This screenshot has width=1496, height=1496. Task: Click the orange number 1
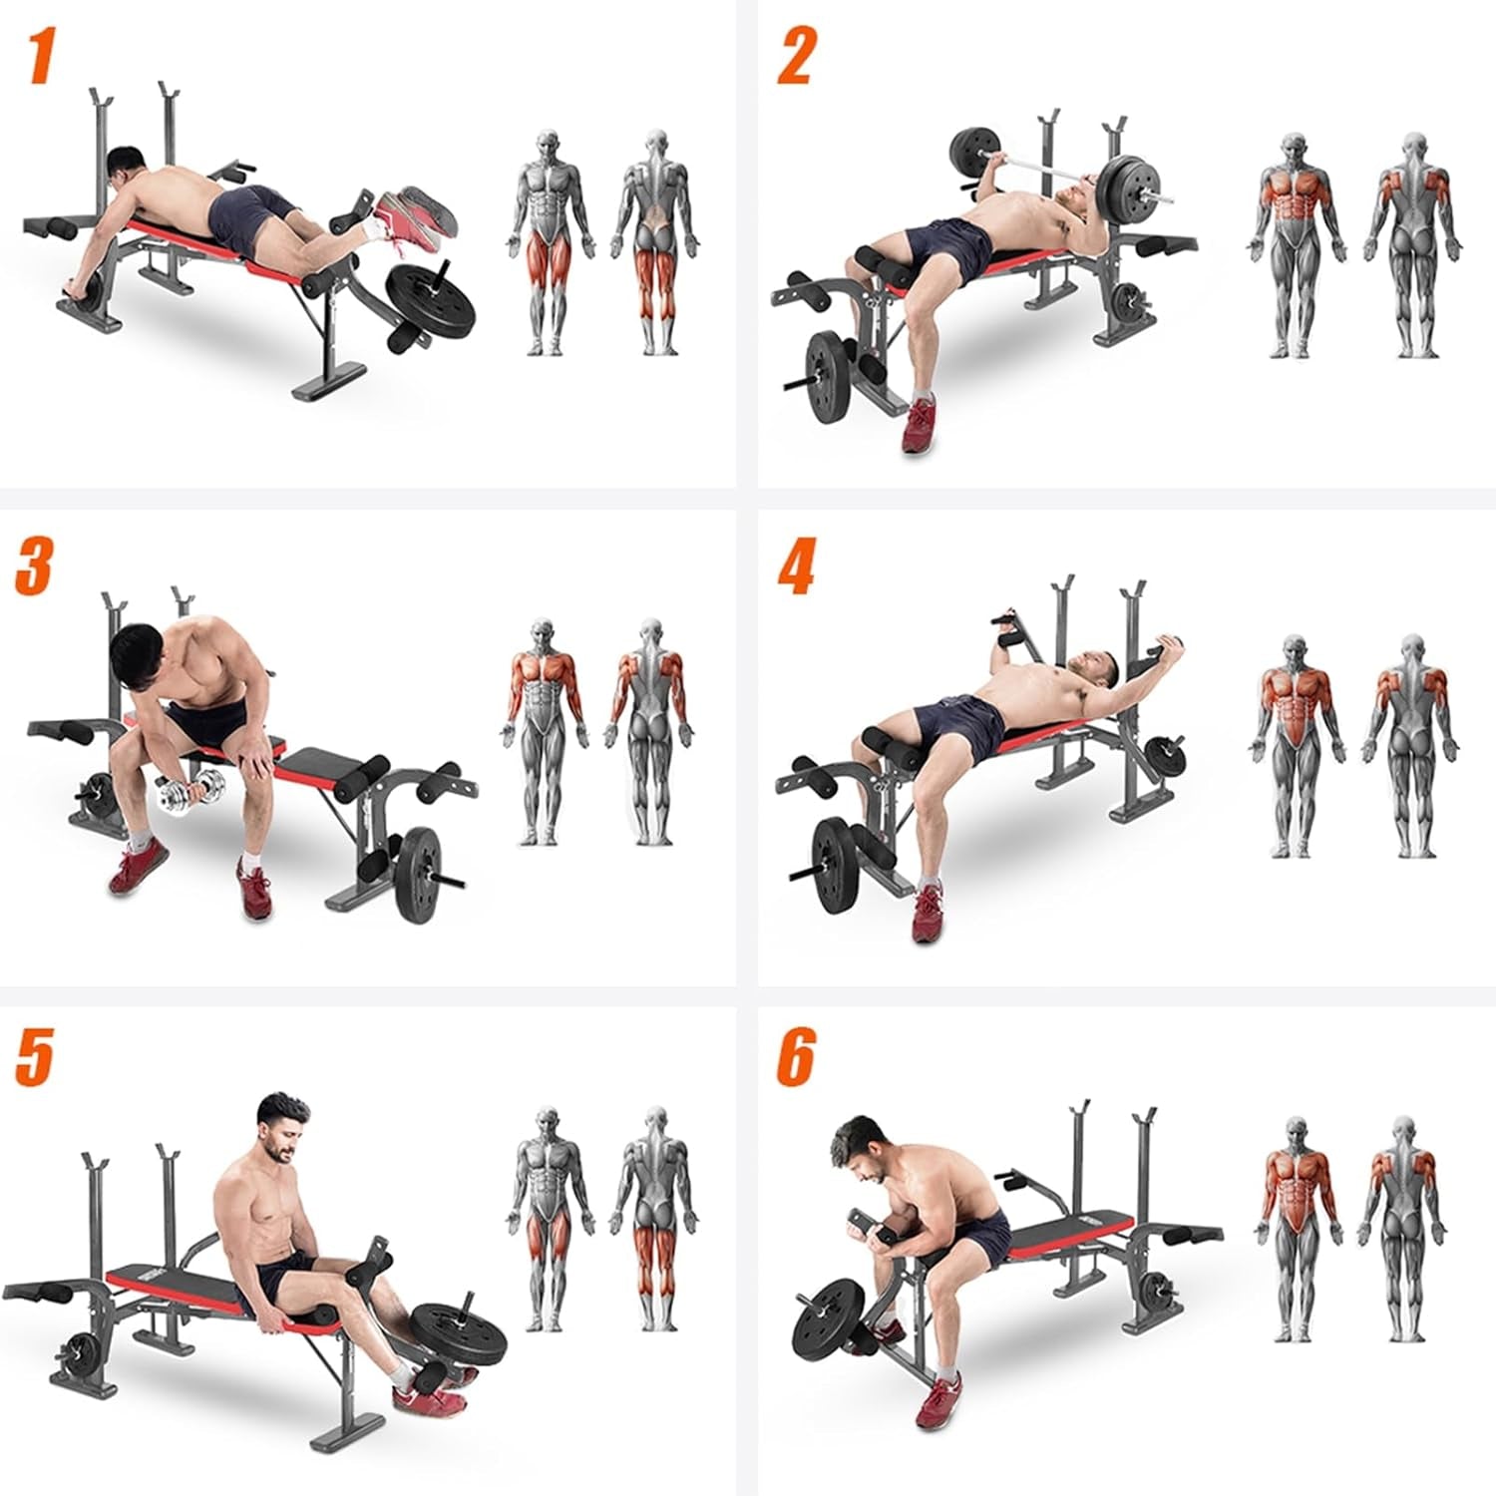[x=40, y=57]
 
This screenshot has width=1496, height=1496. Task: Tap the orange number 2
[x=796, y=57]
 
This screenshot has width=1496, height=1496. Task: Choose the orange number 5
[x=34, y=1057]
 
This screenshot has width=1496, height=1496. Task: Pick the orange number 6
[x=796, y=1057]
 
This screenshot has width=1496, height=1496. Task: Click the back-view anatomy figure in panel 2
[x=1412, y=244]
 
